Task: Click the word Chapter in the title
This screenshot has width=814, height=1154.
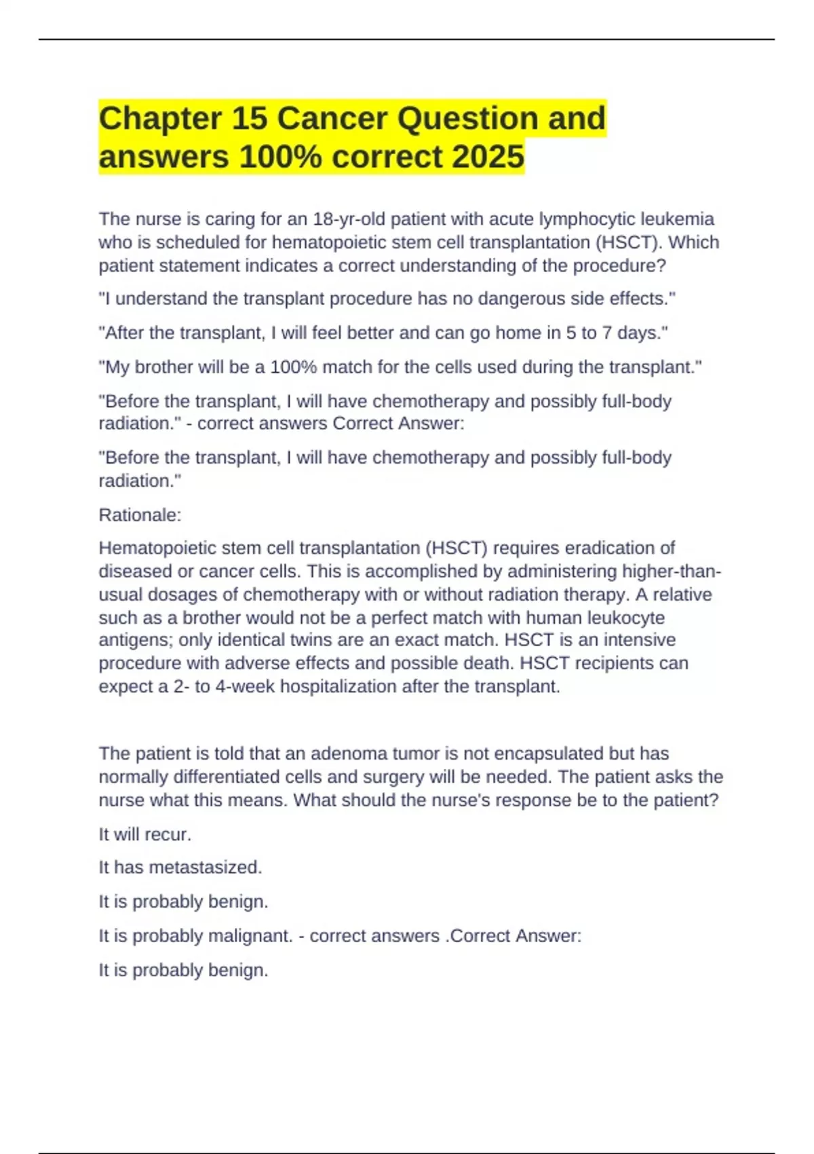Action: [160, 119]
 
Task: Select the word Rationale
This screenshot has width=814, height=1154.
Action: [140, 515]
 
